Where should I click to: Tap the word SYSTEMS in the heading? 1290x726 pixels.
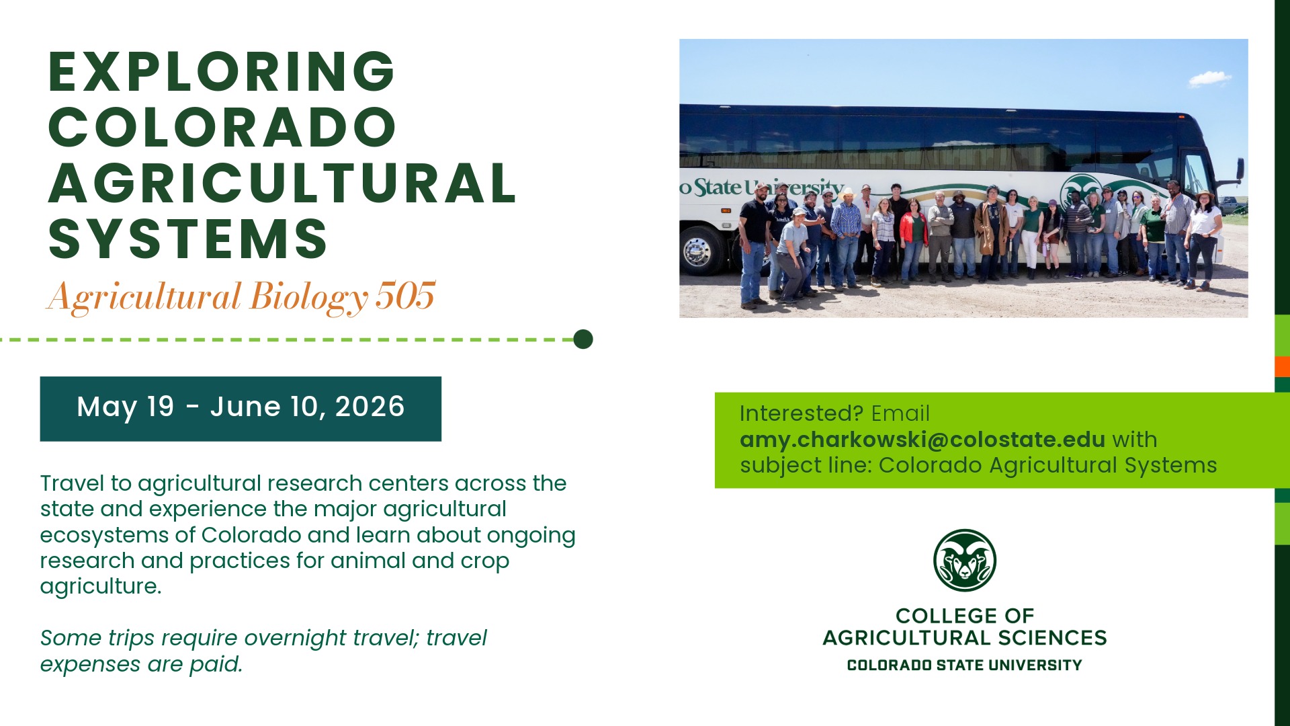point(188,239)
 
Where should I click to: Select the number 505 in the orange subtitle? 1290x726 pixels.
point(405,296)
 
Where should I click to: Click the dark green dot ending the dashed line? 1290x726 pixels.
point(583,339)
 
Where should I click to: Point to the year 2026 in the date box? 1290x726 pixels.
point(370,407)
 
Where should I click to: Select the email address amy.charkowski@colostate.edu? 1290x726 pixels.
point(922,439)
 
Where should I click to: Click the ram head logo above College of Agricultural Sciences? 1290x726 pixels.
point(965,560)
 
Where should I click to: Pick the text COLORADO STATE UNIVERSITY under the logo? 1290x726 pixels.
point(965,665)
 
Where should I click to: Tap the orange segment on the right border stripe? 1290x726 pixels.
point(1282,366)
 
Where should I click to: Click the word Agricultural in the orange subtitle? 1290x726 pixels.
point(144,296)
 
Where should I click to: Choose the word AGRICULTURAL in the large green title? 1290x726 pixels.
point(282,183)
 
